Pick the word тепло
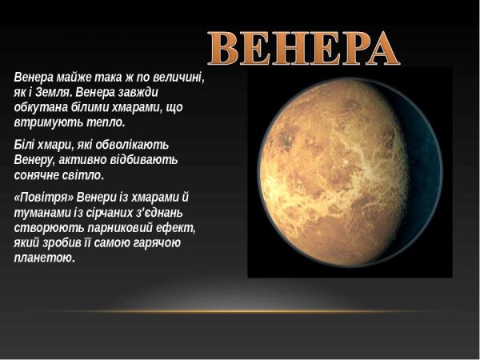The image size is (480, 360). (104, 124)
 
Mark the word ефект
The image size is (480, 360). (178, 227)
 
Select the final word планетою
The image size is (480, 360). (45, 258)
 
